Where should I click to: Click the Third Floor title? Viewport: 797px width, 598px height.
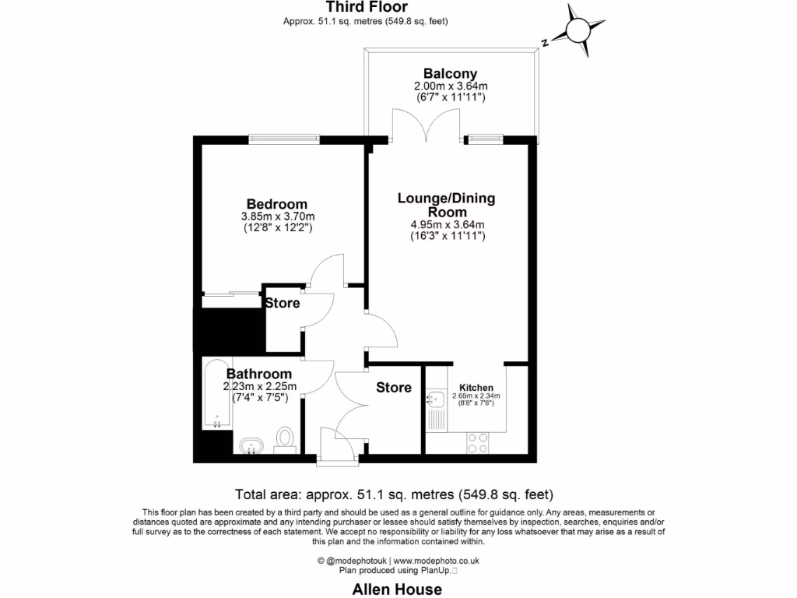(366, 7)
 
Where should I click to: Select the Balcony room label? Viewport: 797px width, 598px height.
(450, 72)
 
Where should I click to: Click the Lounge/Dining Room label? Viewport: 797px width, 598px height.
(447, 205)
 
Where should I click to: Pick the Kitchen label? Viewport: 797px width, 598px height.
(476, 387)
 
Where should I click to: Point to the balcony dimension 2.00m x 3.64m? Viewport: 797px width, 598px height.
(450, 86)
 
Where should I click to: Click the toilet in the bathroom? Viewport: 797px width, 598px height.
(286, 440)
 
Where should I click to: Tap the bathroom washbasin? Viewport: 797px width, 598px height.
(251, 446)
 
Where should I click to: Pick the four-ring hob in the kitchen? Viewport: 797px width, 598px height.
(477, 442)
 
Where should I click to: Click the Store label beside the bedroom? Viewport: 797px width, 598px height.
(282, 303)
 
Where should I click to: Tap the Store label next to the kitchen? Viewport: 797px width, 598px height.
(394, 387)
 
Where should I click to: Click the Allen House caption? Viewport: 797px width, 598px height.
(398, 589)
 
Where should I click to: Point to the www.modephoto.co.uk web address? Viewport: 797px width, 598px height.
(436, 561)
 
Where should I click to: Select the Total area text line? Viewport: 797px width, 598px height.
(394, 494)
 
